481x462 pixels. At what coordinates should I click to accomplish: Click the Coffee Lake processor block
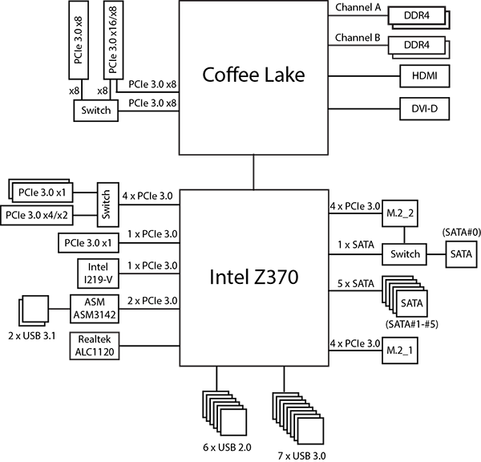coord(254,76)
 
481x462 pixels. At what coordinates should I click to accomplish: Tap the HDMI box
coord(423,77)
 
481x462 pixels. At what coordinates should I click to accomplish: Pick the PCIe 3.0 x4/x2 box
coord(37,215)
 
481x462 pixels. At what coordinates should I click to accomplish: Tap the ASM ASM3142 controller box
coord(95,309)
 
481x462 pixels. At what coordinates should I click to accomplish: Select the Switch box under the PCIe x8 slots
coord(95,110)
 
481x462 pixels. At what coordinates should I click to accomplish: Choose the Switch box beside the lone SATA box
coord(404,254)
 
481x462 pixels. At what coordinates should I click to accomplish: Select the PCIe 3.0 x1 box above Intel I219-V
coord(89,243)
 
